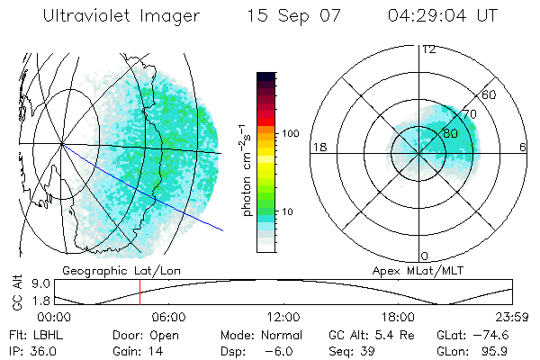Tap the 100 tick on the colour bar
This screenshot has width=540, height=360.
point(290,133)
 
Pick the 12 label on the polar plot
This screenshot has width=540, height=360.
point(429,49)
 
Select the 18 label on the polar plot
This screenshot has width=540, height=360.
point(318,148)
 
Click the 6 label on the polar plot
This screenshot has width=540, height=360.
point(523,148)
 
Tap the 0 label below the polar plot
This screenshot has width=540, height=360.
point(424,256)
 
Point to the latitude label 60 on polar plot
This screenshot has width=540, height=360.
point(489,94)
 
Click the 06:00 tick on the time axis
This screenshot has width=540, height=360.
point(168,317)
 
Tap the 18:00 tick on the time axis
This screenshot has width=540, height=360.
point(399,317)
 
